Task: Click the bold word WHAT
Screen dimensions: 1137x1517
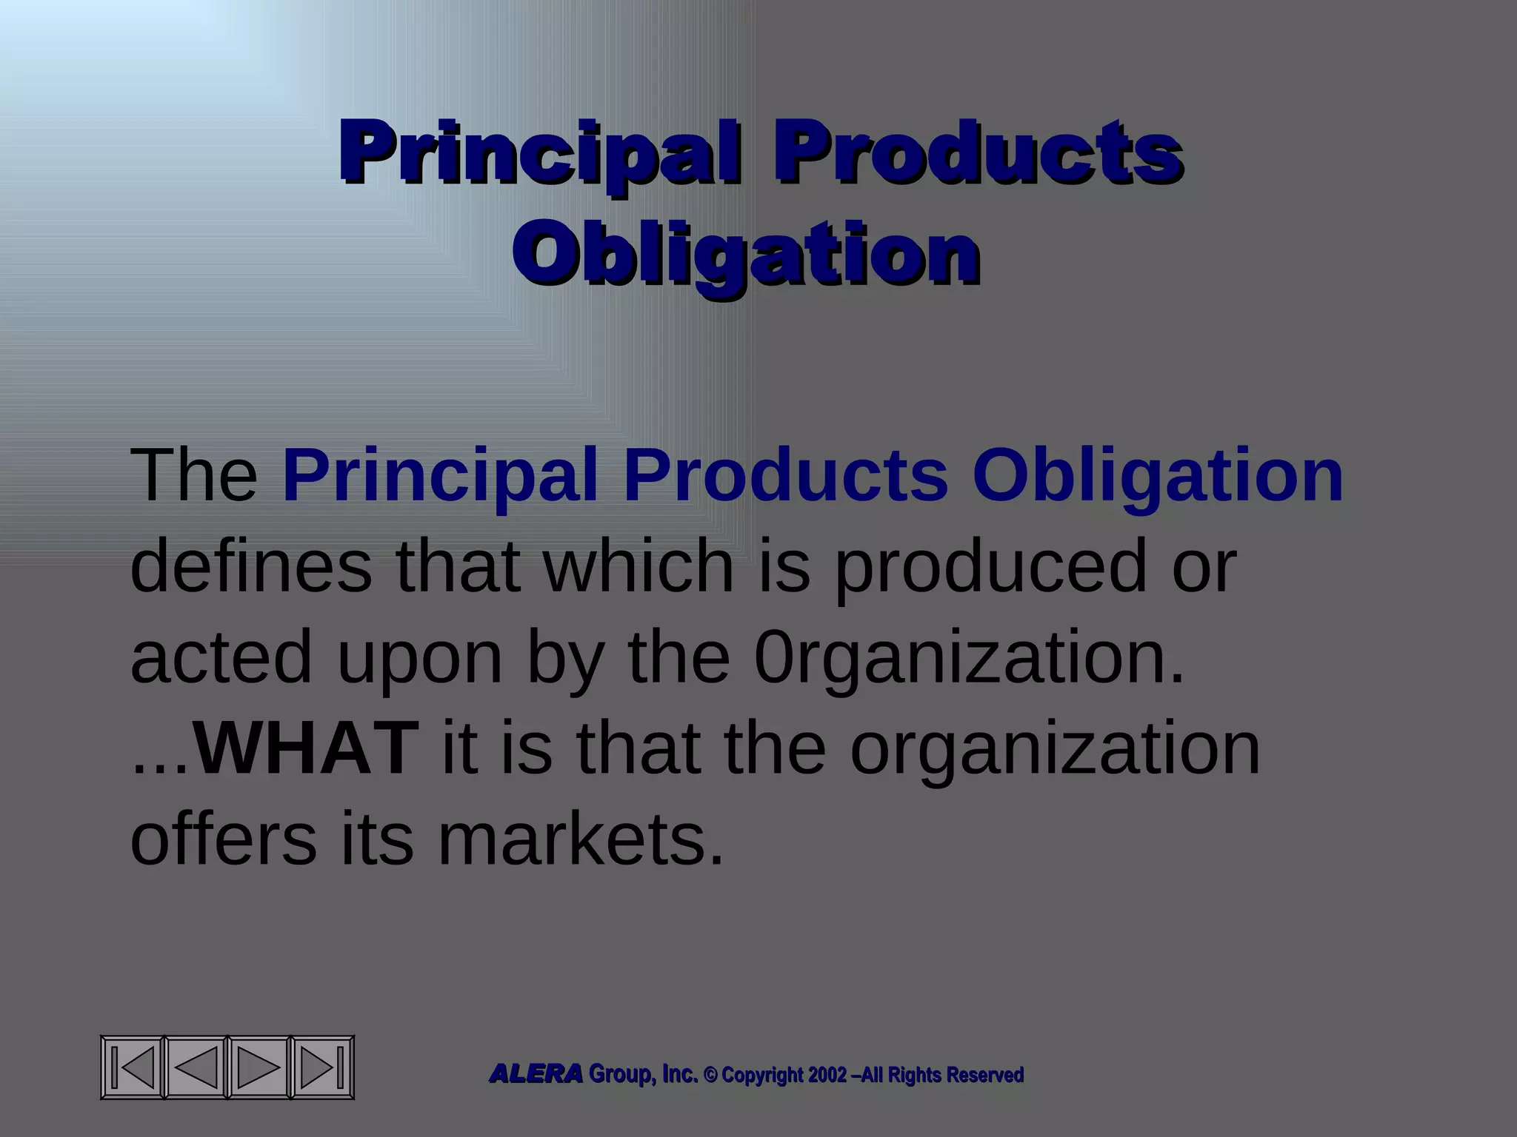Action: pyautogui.click(x=306, y=748)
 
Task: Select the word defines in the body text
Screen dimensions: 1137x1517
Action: pyautogui.click(x=251, y=566)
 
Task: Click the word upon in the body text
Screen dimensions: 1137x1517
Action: pyautogui.click(x=420, y=657)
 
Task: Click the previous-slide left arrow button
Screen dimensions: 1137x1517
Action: pyautogui.click(x=196, y=1067)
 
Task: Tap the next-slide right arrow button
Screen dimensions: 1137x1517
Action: pyautogui.click(x=259, y=1067)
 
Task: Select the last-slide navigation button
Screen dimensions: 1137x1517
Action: pyautogui.click(x=321, y=1067)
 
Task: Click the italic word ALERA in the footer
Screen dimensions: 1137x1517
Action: pyautogui.click(x=536, y=1074)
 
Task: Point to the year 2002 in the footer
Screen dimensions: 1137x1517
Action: pyautogui.click(x=827, y=1075)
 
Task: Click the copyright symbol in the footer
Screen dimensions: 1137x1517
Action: pyautogui.click(x=710, y=1075)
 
